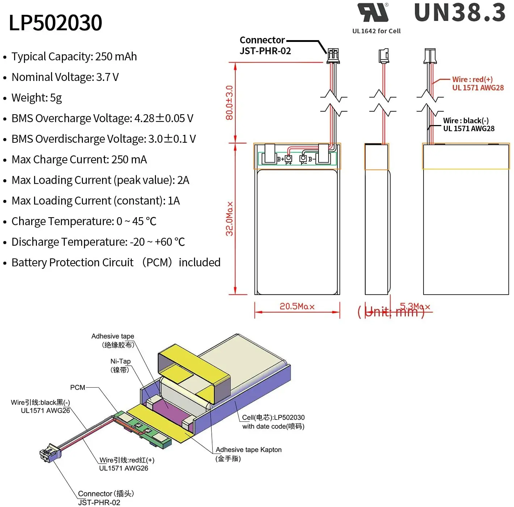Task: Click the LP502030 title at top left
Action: [x=55, y=23]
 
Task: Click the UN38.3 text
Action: [x=460, y=12]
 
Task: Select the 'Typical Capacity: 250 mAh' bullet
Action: [x=74, y=57]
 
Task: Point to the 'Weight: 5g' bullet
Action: [x=37, y=98]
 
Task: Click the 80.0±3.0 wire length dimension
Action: [x=229, y=103]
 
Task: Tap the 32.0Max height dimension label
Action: [x=229, y=219]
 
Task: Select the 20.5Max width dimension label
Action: [x=297, y=306]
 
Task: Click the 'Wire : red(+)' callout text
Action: [x=472, y=80]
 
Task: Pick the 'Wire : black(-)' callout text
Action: [x=465, y=121]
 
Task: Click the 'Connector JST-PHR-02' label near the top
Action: [x=265, y=46]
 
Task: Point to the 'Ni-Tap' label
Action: [x=120, y=361]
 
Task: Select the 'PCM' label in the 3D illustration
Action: [x=77, y=387]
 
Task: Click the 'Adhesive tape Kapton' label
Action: [x=248, y=450]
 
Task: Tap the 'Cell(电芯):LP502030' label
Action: [x=273, y=418]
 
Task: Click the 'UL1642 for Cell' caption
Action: [x=376, y=31]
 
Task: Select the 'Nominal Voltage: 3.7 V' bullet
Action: [x=65, y=77]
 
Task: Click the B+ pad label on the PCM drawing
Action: [x=281, y=159]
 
